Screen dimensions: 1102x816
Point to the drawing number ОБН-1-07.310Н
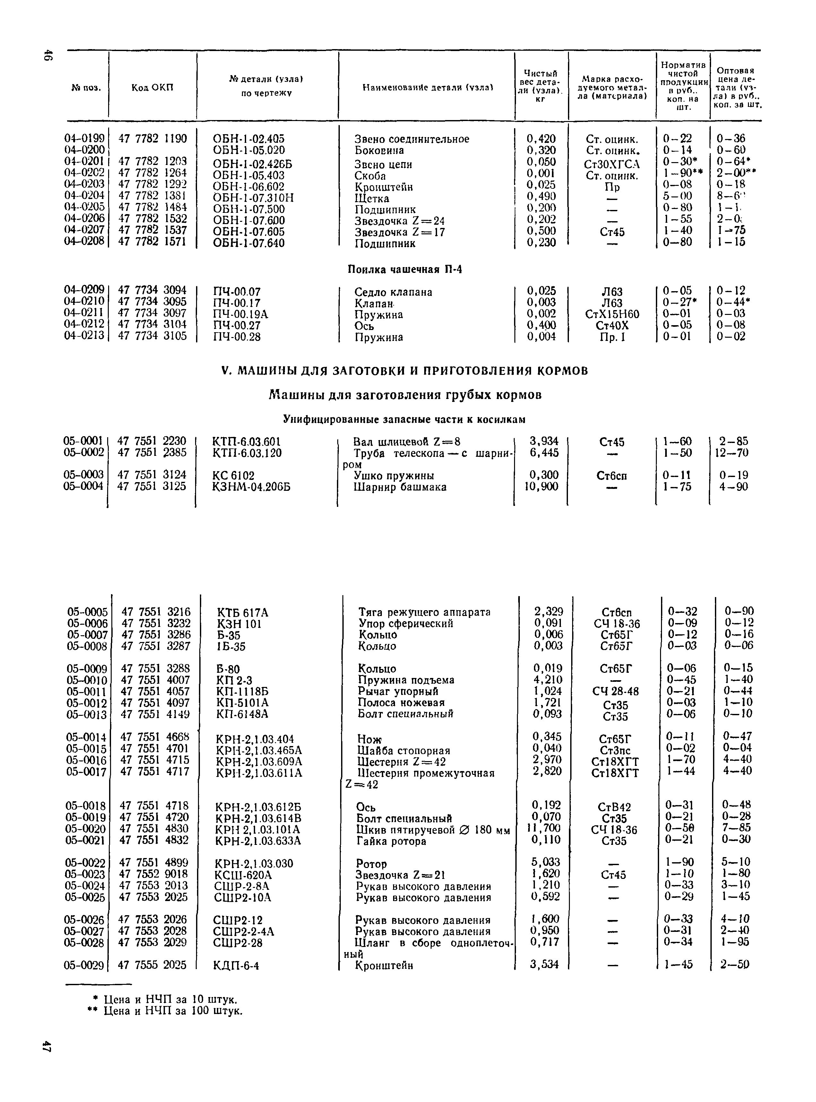pyautogui.click(x=253, y=198)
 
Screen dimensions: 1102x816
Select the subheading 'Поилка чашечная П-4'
pyautogui.click(x=405, y=269)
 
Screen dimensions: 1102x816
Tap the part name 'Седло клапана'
pyautogui.click(x=393, y=292)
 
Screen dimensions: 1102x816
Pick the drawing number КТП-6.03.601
pyautogui.click(x=246, y=442)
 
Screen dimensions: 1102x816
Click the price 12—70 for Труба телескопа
pyautogui.click(x=732, y=453)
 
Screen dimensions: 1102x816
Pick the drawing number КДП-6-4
pyautogui.click(x=236, y=965)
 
